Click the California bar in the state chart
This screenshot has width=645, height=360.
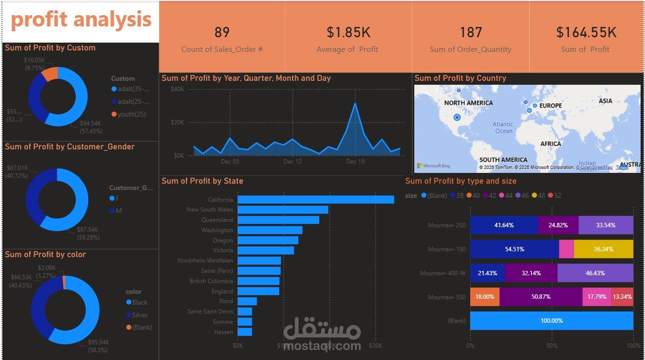[315, 199]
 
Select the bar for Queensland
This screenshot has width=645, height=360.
[278, 220]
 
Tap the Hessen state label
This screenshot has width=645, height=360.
[223, 332]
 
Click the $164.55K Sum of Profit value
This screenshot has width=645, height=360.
[586, 33]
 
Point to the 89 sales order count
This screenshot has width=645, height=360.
[222, 33]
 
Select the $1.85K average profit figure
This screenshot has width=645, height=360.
[348, 33]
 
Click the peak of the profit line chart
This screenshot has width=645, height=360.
[355, 104]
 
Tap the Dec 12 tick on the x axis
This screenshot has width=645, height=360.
[292, 162]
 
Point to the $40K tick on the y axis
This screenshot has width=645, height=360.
[177, 89]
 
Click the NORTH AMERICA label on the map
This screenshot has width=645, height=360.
[468, 103]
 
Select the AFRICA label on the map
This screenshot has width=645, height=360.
[550, 144]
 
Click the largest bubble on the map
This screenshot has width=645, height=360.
[457, 117]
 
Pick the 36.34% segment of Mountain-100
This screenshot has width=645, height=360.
[603, 249]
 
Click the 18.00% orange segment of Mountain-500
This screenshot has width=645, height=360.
[484, 297]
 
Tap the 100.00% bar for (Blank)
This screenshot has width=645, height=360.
[551, 321]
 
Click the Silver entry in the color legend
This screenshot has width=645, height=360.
[140, 315]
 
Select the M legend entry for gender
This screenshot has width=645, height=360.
[118, 211]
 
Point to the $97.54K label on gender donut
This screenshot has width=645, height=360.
[88, 229]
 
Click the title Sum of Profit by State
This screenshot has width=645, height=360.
[202, 181]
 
